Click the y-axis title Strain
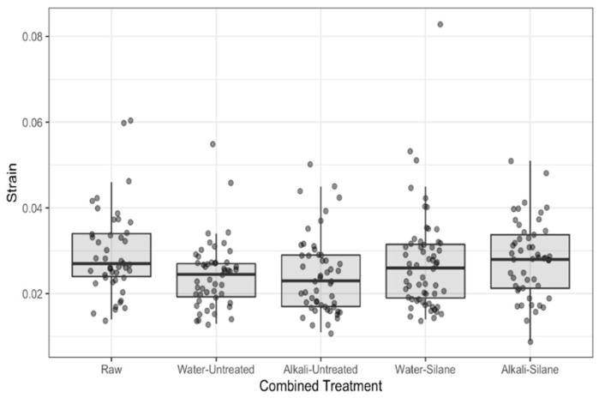pos(11,189)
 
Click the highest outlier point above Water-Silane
pos(440,24)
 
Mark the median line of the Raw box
pos(111,263)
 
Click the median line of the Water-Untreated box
pos(216,274)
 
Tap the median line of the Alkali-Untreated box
pos(320,280)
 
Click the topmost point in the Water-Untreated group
pos(213,144)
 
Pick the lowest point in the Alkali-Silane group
pos(530,341)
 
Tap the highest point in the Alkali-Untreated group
pos(310,164)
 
